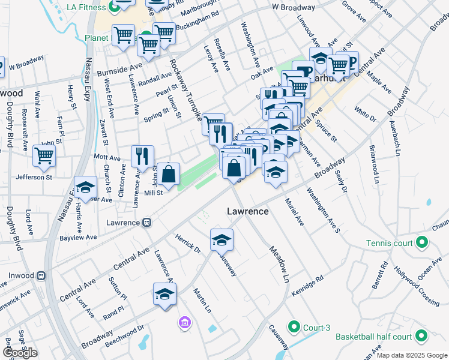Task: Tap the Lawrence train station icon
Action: point(146,223)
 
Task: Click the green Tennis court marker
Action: point(422,243)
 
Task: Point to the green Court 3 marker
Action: point(294,327)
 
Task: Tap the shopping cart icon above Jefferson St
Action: point(44,155)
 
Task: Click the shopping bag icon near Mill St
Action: point(170,174)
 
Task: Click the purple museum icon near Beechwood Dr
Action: point(184,324)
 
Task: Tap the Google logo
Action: point(20,353)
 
